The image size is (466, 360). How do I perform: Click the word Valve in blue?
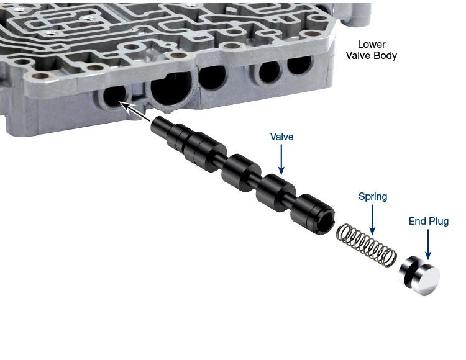point(281,137)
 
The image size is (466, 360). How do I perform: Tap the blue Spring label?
point(373,197)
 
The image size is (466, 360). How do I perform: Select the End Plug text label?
point(429,221)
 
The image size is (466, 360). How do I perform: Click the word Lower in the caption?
point(372,44)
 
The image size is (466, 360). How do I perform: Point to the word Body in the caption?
point(385,55)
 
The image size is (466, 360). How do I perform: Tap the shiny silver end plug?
point(419,275)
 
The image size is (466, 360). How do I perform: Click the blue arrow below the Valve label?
point(281,159)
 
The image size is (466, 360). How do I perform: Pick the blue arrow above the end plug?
point(428,245)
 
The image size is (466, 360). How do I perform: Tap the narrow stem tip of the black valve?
point(160,125)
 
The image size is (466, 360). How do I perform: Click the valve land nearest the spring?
point(313,214)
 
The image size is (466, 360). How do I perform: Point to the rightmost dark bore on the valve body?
point(299,66)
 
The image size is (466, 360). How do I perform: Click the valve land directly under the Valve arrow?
point(276,192)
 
